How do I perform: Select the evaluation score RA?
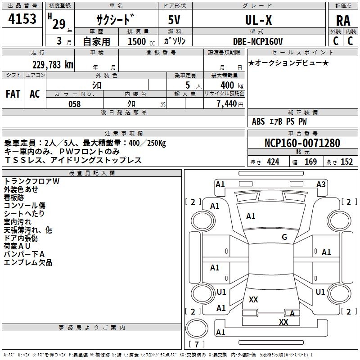(343, 21)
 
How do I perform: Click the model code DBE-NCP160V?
(258, 41)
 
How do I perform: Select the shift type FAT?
(13, 94)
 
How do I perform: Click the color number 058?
(74, 104)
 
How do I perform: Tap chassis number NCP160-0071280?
(302, 143)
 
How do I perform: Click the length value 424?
(273, 162)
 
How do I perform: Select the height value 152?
(346, 162)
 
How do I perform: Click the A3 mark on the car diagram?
(321, 184)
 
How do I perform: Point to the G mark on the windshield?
(284, 237)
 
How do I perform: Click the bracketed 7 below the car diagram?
(197, 345)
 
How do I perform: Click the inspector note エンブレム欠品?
(28, 262)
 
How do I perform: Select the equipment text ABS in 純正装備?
(258, 121)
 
